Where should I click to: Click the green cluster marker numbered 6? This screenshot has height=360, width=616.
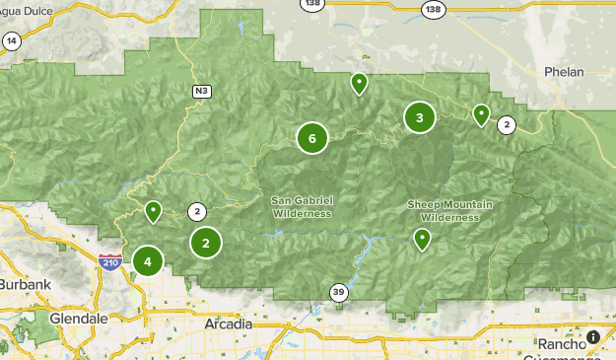tap(311, 138)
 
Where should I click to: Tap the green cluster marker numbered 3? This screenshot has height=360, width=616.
tap(420, 118)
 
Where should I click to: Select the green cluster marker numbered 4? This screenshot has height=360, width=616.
tap(148, 261)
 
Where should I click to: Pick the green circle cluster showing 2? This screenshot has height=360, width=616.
tap(206, 243)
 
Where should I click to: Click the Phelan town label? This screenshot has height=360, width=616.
tap(564, 72)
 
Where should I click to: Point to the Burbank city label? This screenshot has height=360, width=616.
tap(26, 284)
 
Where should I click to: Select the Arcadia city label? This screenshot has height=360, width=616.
tap(228, 324)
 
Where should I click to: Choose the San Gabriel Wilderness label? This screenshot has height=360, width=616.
tap(303, 206)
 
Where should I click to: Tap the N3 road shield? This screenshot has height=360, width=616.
tap(201, 92)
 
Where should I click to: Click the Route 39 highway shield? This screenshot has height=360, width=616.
tap(338, 292)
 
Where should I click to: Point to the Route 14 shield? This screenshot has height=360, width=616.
tap(12, 40)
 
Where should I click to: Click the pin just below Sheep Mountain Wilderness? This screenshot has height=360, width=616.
tap(422, 238)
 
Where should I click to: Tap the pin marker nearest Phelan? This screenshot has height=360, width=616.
tap(481, 114)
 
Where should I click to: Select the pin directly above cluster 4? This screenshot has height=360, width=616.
tap(153, 210)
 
